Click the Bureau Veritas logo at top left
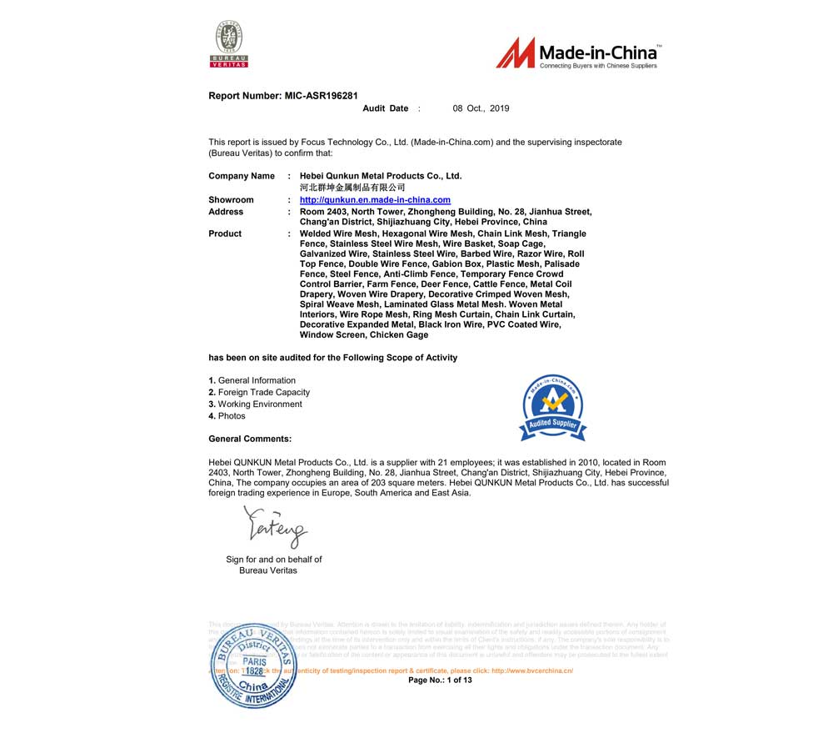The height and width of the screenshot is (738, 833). tap(229, 44)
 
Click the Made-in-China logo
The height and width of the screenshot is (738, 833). tap(578, 53)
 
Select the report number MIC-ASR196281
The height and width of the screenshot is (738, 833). tap(321, 96)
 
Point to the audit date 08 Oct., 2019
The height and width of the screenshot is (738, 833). tap(481, 108)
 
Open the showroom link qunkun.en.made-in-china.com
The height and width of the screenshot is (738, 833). tap(375, 200)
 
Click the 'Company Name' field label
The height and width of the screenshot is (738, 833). tap(241, 176)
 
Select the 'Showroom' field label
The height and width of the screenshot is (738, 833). tap(231, 200)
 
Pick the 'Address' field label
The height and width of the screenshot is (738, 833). tap(226, 212)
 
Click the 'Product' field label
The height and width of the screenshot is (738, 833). tap(225, 233)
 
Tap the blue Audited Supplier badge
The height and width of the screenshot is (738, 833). tap(553, 408)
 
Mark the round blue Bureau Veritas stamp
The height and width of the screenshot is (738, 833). tap(252, 665)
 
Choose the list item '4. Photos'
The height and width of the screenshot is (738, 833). tap(227, 415)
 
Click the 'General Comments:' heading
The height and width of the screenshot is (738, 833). tap(250, 439)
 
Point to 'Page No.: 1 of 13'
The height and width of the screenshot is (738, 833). tap(440, 680)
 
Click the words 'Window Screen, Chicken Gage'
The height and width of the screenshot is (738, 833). tap(364, 335)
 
